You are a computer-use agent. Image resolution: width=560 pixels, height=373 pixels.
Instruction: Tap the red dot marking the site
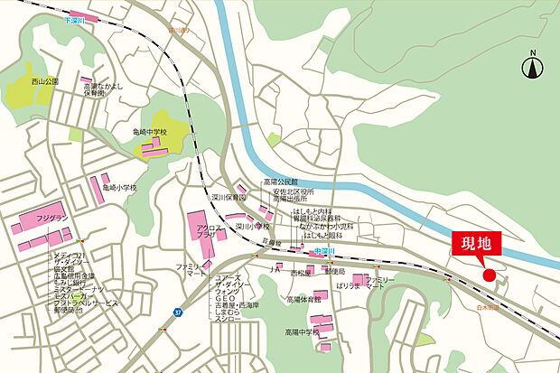[x=489, y=275]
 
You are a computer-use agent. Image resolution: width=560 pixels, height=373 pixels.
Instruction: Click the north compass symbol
[x=533, y=65]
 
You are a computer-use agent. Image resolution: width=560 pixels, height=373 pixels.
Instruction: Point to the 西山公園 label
[x=43, y=81]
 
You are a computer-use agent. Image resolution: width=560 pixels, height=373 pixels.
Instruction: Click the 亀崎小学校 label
[x=119, y=187]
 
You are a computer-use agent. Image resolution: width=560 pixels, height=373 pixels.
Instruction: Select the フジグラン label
[x=51, y=217]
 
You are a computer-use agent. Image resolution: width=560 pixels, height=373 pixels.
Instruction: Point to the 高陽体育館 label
[x=304, y=299]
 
